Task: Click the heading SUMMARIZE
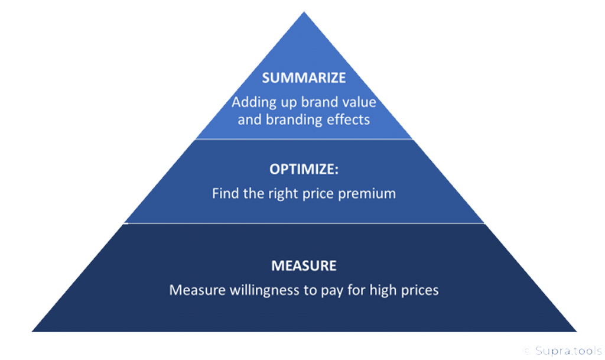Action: tap(304, 78)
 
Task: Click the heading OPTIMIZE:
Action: tap(304, 169)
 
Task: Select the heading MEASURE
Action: tap(304, 266)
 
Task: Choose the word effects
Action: tap(349, 119)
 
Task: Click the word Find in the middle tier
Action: tap(225, 193)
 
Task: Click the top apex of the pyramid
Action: tap(304, 12)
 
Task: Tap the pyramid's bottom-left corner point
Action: tap(32, 331)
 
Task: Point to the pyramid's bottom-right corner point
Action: tap(576, 331)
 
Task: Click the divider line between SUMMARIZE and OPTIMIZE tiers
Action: tap(304, 139)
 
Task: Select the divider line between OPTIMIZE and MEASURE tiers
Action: tap(304, 223)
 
